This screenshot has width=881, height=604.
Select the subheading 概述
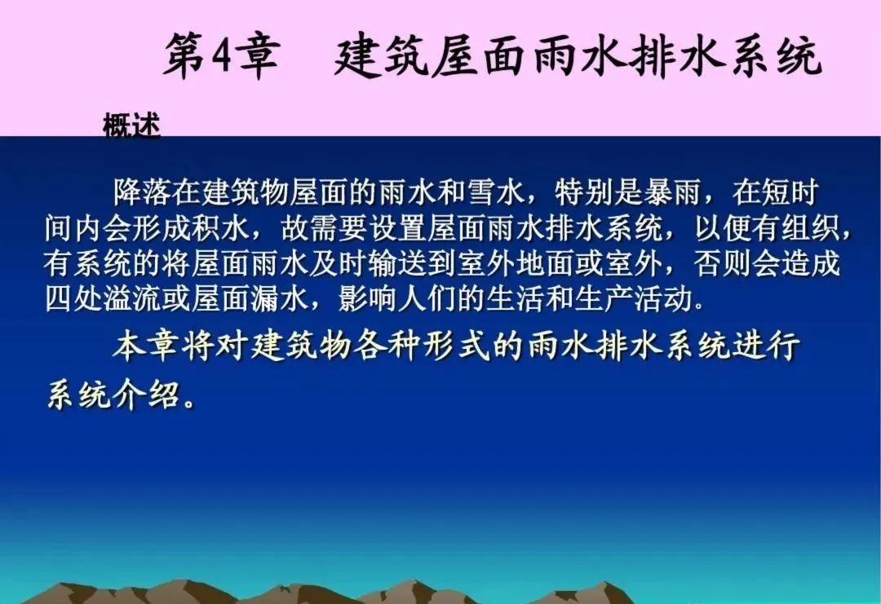[x=131, y=126]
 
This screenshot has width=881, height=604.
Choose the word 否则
[x=720, y=263]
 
